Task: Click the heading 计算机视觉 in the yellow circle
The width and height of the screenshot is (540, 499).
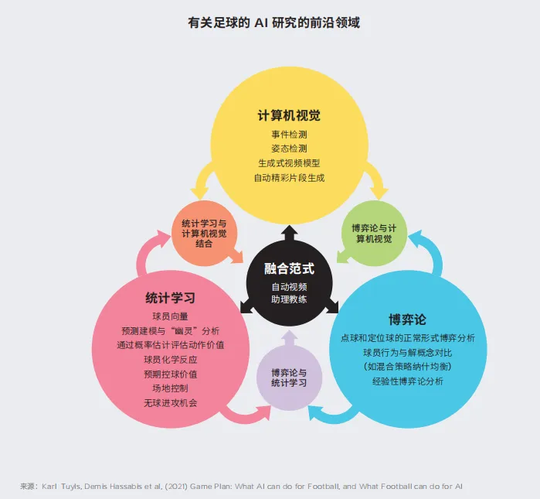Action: click(289, 116)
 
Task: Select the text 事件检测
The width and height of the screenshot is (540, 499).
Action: click(289, 134)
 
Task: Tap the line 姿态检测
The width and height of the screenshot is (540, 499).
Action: click(289, 149)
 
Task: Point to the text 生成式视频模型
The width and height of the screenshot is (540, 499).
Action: click(289, 163)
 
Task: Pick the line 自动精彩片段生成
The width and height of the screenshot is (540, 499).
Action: click(289, 178)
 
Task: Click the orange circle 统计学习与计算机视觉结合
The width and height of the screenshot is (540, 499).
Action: click(203, 233)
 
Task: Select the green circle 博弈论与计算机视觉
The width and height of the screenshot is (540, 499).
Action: click(373, 233)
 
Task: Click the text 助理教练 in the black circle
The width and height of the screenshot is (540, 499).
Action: click(289, 299)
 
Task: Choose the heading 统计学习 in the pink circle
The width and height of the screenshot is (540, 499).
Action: click(170, 298)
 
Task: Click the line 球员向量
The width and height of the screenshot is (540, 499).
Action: click(170, 316)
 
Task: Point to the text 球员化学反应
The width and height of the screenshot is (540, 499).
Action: click(170, 360)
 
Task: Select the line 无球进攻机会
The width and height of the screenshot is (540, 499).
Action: click(170, 403)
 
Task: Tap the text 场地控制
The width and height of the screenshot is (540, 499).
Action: click(170, 388)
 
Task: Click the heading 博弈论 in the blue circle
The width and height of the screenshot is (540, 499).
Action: click(407, 319)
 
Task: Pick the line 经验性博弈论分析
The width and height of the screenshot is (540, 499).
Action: click(407, 381)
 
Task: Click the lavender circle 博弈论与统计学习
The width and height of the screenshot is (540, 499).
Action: click(289, 378)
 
